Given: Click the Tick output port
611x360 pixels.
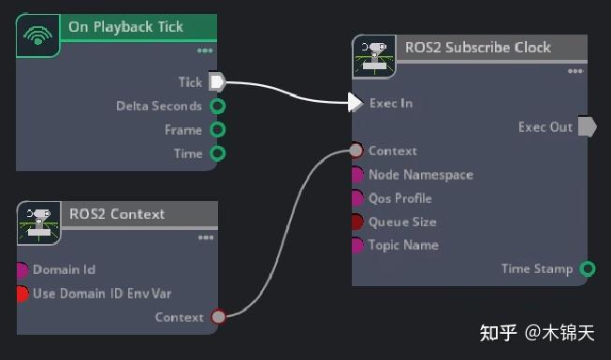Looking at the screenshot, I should tap(217, 82).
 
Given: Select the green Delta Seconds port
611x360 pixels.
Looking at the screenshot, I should tap(217, 107).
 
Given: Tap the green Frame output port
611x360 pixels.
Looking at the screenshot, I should tap(217, 130).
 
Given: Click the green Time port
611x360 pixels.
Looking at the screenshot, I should tap(217, 153).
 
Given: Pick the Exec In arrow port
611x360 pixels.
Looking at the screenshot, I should tap(356, 103).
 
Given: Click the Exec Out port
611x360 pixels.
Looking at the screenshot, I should tap(587, 127).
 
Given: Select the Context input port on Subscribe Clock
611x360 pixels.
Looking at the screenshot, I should tap(356, 151).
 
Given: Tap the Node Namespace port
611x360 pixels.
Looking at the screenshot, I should tap(356, 175).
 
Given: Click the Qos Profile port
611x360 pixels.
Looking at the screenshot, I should tap(356, 198).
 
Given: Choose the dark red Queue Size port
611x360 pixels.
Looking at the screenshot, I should tap(356, 222).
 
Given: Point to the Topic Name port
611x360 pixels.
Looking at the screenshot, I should tap(356, 245).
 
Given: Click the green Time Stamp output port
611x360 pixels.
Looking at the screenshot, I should tap(587, 269).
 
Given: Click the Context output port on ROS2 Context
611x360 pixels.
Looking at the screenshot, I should tap(218, 317).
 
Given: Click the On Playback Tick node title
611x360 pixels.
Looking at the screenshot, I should tap(125, 27).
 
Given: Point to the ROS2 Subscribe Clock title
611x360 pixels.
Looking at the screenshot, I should tap(477, 48).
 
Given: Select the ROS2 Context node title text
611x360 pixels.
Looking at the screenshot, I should tap(116, 214).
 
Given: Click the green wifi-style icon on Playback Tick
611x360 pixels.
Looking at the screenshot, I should tap(38, 36).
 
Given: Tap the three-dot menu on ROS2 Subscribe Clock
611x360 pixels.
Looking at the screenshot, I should tap(575, 71).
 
